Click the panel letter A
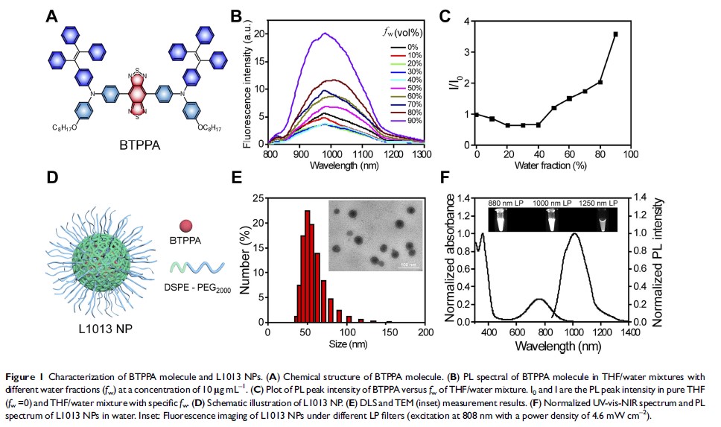pos(53,16)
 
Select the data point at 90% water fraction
pos(615,34)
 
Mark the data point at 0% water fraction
pos(477,114)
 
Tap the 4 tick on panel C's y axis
pos(464,22)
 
